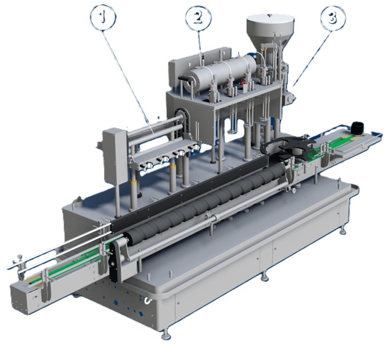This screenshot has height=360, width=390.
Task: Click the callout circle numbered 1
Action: pos(103,18)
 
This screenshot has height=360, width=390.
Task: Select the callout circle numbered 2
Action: pos(198,18)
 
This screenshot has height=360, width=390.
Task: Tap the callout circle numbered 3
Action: pos(333,18)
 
